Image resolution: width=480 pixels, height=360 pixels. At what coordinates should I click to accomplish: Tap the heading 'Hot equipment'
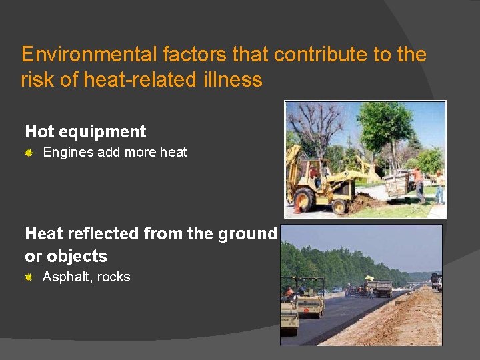85,131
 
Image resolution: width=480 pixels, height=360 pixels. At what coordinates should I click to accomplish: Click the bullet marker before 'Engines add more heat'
29,153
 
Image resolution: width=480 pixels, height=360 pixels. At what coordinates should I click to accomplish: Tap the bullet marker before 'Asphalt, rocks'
29,277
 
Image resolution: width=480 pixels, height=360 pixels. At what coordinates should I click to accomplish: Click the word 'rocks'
113,277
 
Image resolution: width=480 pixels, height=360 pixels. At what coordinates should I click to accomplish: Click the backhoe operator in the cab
315,175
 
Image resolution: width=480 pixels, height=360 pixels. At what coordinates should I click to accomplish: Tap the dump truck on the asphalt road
379,288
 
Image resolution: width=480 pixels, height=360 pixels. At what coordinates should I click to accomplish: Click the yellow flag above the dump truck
369,277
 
